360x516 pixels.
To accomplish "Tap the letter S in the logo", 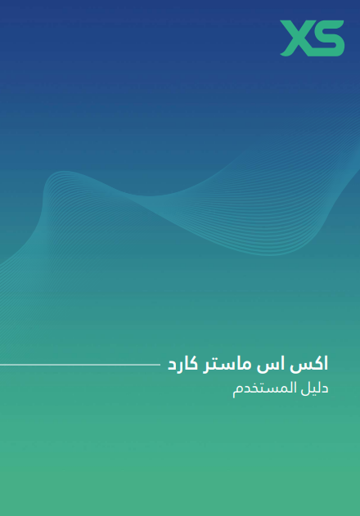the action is point(326,38).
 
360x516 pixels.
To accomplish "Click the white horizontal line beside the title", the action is point(80,365).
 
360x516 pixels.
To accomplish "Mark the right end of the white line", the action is point(160,365).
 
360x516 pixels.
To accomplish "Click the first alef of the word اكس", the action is point(326,364).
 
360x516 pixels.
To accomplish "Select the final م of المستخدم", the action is point(236,391).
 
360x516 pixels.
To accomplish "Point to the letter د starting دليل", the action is point(324,388).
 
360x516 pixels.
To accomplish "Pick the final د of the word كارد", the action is point(172,366).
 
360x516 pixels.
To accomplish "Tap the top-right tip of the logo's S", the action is point(343,22).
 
